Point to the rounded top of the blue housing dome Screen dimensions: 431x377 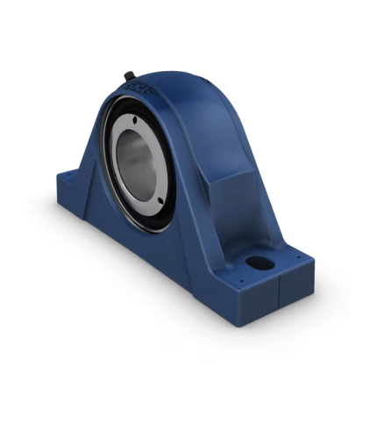coord(175,83)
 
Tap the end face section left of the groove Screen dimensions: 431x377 coord(258,303)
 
